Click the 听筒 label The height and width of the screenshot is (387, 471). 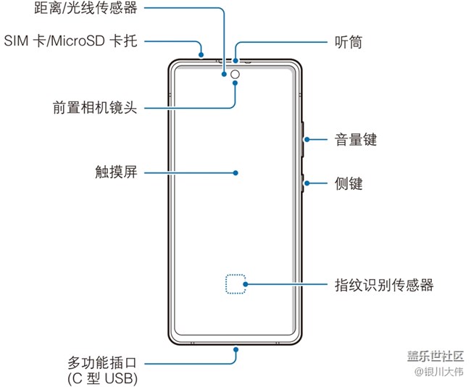coord(349,41)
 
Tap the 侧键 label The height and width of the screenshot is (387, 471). coord(349,184)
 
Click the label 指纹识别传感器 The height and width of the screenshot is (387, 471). coord(384,284)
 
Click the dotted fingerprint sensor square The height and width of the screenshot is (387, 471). coord(235,284)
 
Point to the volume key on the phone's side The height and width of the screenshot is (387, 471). coord(304,138)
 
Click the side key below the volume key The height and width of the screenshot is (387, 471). coord(304,184)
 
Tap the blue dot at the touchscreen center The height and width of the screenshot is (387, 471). coord(236,172)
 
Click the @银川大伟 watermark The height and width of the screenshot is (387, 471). coord(438,372)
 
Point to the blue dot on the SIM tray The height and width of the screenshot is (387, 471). coord(204,52)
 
